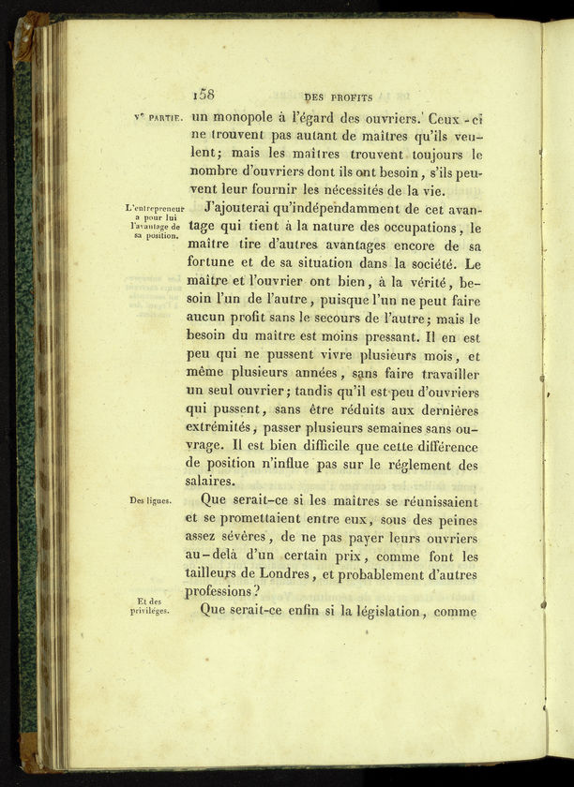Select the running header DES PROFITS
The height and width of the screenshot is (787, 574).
[x=339, y=96]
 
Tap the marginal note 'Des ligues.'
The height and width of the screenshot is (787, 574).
[x=150, y=500]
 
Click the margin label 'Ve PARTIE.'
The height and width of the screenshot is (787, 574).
[x=156, y=118]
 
